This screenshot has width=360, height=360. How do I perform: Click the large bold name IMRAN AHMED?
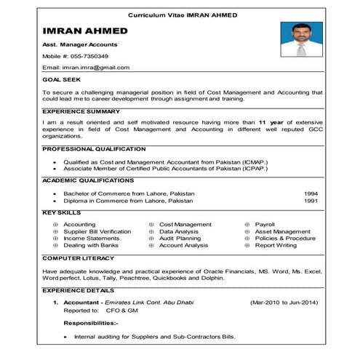point(85,31)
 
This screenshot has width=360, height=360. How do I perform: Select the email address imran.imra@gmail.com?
point(95,68)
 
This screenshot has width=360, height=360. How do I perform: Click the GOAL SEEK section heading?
point(61,79)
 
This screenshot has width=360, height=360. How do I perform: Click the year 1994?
point(311,193)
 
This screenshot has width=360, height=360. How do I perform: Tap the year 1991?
point(311,201)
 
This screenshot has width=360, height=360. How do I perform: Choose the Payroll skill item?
point(265,225)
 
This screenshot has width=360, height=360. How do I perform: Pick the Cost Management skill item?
point(185,225)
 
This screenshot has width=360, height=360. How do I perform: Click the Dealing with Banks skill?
point(91,246)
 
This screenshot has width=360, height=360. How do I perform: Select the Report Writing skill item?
point(276,246)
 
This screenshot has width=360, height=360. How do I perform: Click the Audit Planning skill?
point(180,239)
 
